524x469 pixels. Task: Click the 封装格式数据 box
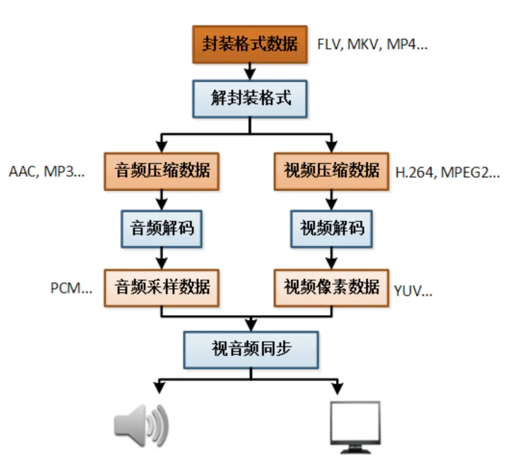(250, 45)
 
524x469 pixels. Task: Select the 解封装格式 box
(250, 99)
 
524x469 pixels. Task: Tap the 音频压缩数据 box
(162, 171)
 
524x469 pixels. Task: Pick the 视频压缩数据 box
(331, 171)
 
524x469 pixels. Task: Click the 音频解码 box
(162, 229)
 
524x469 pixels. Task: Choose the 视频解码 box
(331, 229)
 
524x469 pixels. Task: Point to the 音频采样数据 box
(162, 288)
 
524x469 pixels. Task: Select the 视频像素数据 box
(331, 288)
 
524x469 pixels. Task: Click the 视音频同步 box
(251, 349)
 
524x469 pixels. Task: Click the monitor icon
(355, 427)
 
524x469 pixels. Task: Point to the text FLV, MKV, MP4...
(372, 45)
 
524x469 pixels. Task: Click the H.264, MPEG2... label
(447, 173)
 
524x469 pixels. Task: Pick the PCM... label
(71, 289)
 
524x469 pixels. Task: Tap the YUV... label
(413, 291)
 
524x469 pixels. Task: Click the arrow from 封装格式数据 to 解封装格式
(250, 72)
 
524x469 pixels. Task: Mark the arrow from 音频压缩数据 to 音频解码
(162, 200)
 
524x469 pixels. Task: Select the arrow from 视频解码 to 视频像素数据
(331, 258)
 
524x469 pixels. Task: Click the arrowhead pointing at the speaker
(159, 388)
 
